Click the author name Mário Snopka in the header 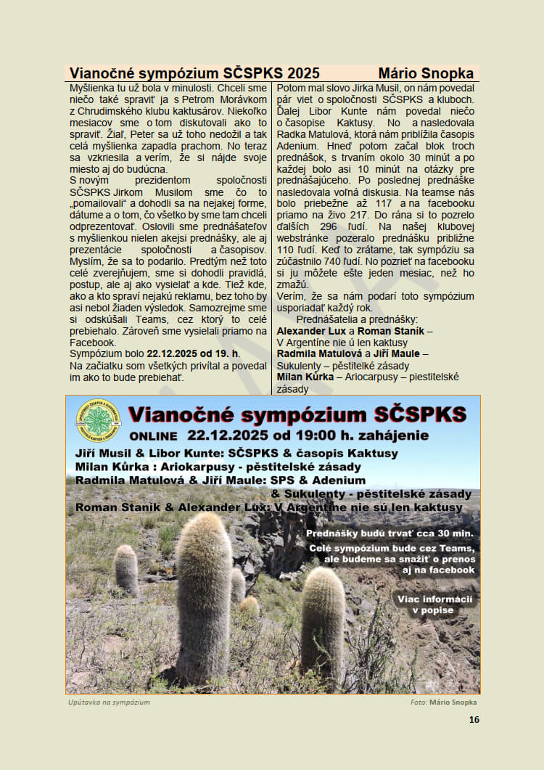[426, 73]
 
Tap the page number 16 [474, 720]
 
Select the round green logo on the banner [98, 421]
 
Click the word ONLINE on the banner [153, 436]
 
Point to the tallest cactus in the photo [204, 595]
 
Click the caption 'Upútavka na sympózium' [109, 703]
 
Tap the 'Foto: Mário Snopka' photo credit [443, 703]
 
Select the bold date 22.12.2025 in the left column [174, 353]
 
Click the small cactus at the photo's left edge [126, 570]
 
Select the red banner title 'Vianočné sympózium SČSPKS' [297, 415]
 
